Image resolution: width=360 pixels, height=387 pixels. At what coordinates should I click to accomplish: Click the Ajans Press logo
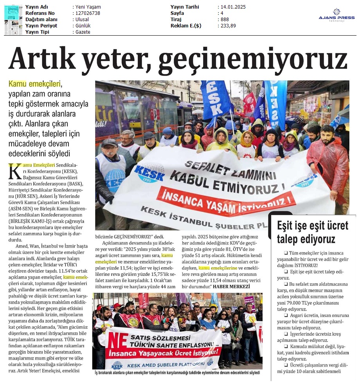tap(337, 15)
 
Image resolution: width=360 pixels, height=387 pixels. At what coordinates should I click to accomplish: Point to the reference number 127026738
tap(87, 13)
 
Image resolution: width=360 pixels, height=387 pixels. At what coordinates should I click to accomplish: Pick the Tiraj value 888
tap(225, 19)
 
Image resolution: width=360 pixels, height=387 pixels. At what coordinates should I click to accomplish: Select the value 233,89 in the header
tap(228, 25)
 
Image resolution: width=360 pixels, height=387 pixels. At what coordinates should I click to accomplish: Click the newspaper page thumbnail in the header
tap(13, 19)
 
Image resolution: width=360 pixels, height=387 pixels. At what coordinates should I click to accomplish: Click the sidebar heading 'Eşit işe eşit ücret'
tap(313, 226)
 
